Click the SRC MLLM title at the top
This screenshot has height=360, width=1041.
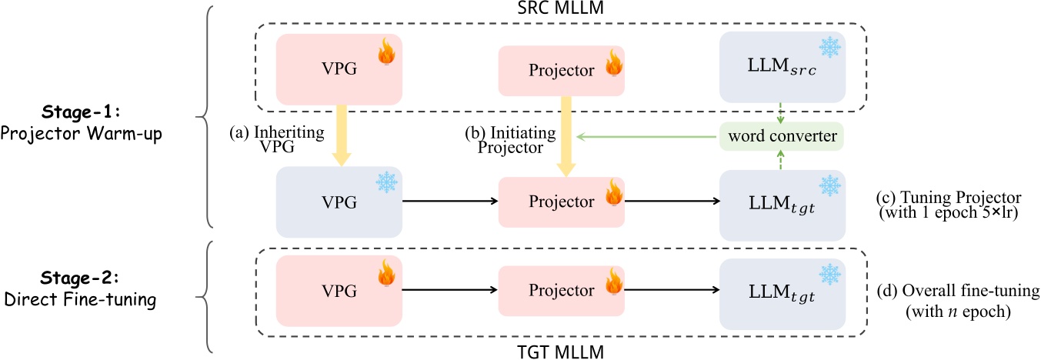(x=561, y=10)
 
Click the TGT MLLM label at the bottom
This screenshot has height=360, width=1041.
(x=561, y=351)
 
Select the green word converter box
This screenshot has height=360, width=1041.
(x=780, y=136)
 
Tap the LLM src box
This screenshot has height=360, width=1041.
(x=781, y=68)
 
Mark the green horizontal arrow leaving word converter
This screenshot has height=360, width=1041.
(x=646, y=136)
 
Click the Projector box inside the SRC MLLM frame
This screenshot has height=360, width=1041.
(x=562, y=70)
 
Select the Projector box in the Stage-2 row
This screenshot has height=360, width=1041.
(x=562, y=291)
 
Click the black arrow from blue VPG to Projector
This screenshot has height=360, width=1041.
(x=449, y=203)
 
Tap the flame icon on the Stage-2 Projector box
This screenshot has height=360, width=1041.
(x=612, y=282)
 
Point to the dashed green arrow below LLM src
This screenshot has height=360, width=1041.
(x=781, y=112)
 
